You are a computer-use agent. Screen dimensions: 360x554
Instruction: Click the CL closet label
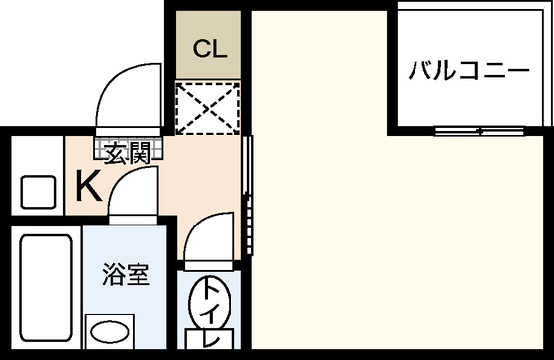tap(210, 47)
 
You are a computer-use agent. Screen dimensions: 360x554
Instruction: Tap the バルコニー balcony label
tap(469, 71)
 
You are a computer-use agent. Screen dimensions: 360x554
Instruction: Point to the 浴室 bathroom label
tap(126, 274)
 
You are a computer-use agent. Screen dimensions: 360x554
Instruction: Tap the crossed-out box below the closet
tap(210, 109)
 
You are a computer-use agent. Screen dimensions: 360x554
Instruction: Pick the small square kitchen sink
tap(39, 190)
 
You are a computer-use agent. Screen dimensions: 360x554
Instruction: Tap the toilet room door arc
tap(209, 240)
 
